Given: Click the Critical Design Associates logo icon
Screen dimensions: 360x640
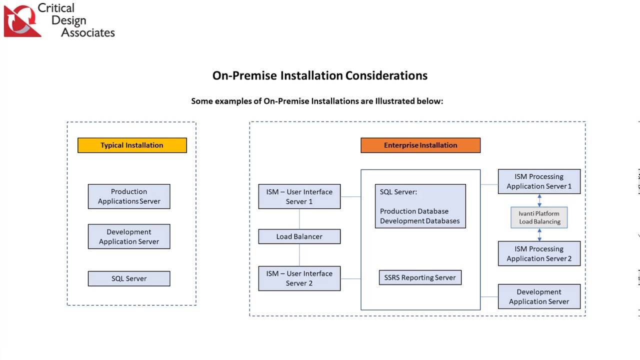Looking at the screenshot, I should pos(22,20).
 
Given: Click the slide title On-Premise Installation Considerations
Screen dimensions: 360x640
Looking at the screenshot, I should pos(319,75).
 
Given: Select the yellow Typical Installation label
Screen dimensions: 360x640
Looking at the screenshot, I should pos(132,145).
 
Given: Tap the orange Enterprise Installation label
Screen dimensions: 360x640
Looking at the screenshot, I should pos(420,145).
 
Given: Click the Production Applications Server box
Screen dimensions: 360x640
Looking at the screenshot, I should pos(129,196).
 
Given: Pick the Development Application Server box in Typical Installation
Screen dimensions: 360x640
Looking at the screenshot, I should pos(129,236).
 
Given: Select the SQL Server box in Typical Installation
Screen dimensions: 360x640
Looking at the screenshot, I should pos(129,278).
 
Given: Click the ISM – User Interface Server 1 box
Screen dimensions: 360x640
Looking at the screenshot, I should pos(299,196).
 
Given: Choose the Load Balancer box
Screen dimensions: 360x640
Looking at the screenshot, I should pos(299,236).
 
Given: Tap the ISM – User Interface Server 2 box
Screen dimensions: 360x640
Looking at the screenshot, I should pos(299,278).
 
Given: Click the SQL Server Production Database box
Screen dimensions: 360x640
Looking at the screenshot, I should pos(420,206).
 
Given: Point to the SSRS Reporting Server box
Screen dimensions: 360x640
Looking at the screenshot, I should pos(420,277).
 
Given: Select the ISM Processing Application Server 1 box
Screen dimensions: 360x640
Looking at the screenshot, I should pos(539,181).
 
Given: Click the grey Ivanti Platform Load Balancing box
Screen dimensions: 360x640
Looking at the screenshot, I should pos(539,217).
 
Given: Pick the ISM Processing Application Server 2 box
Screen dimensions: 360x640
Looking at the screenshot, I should pos(539,253).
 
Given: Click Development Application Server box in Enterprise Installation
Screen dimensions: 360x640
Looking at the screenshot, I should pos(539,296).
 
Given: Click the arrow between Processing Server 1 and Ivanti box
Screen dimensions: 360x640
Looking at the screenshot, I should pos(539,200).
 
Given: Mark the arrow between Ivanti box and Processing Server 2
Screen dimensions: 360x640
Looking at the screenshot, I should pos(539,234).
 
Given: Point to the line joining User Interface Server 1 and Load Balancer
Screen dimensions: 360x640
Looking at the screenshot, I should pos(299,219).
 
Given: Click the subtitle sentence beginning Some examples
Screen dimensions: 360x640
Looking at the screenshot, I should pos(317,101).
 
